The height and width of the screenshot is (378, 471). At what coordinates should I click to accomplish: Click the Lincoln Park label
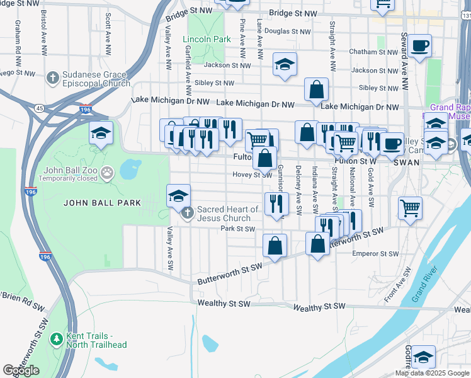point(207,39)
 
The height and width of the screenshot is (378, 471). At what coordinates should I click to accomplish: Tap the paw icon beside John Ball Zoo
point(107,171)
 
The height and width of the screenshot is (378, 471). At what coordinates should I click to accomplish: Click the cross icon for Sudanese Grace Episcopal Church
point(52,79)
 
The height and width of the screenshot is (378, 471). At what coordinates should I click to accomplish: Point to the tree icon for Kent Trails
point(57,340)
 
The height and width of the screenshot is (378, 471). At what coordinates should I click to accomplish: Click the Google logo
point(21,370)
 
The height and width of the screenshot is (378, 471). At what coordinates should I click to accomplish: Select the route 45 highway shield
point(40,108)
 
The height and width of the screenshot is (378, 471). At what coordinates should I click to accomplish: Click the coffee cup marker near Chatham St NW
point(419,46)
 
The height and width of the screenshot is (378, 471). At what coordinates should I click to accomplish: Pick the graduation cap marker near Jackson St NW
point(285,64)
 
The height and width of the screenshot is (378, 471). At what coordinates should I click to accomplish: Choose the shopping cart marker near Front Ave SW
point(411,207)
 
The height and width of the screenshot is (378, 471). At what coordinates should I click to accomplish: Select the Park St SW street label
point(237,229)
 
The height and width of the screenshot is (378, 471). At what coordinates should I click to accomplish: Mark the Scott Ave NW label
point(108,28)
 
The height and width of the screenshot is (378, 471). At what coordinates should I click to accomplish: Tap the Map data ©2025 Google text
point(432,373)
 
